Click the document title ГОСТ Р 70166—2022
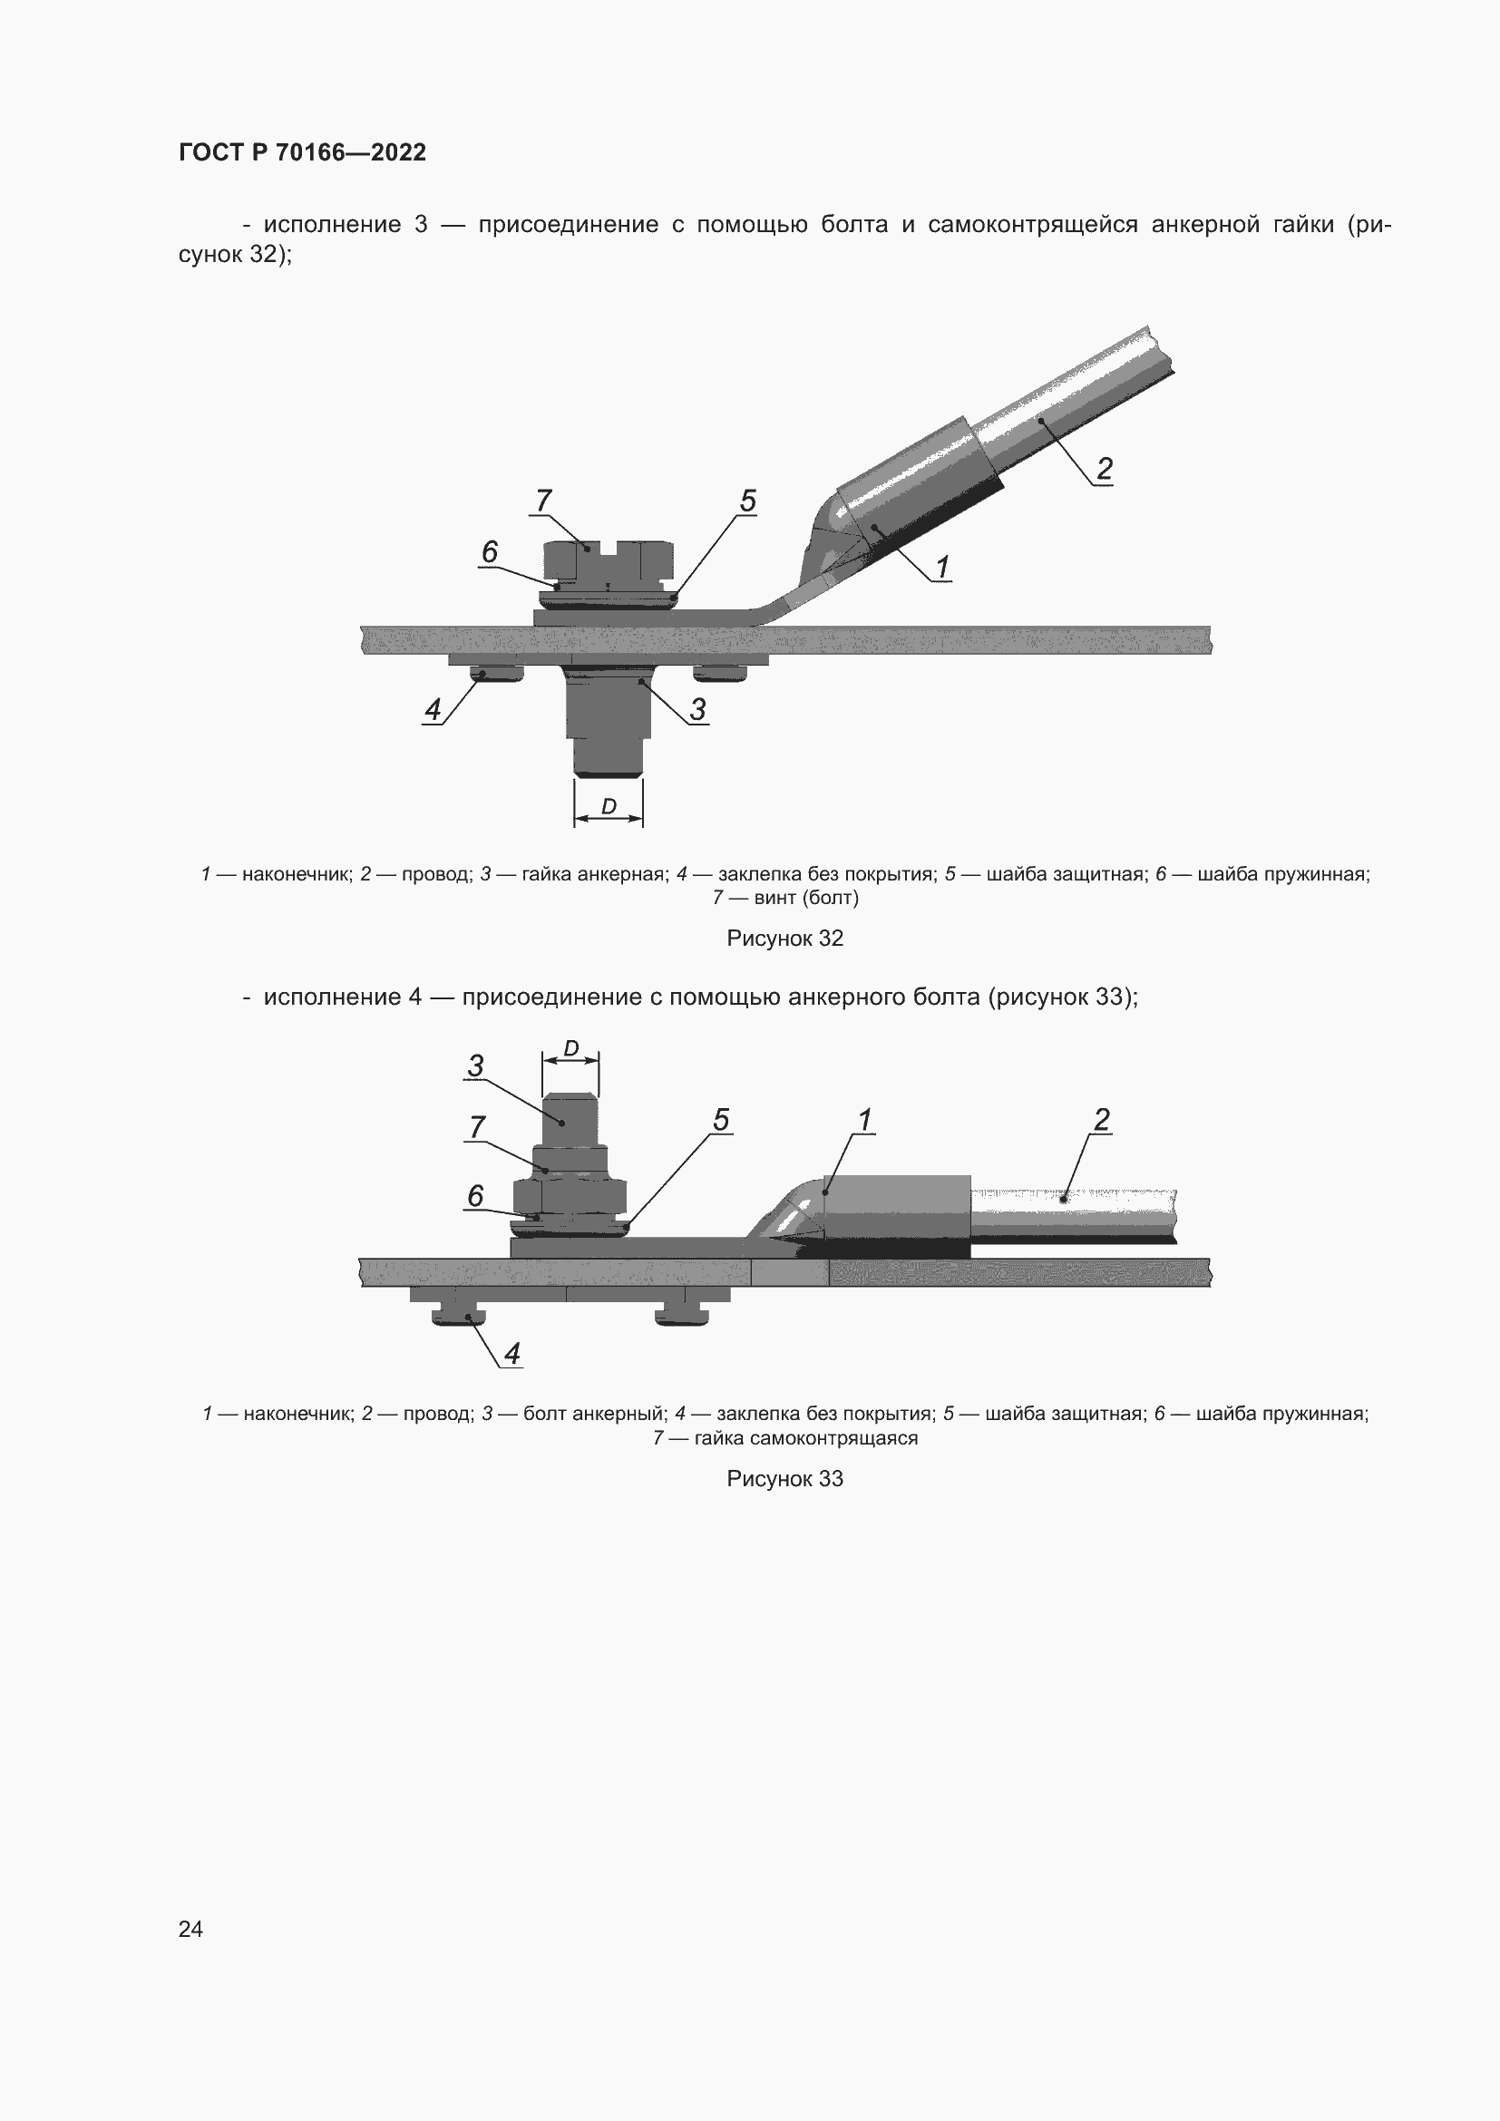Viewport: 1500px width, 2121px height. [302, 152]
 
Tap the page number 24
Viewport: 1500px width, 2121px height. [190, 1929]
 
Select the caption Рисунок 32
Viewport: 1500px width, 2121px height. [784, 939]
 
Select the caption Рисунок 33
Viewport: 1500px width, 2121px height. [784, 1479]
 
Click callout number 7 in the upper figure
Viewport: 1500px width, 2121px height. [543, 501]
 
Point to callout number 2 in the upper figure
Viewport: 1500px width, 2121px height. [1104, 470]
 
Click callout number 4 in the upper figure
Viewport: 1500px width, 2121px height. [433, 709]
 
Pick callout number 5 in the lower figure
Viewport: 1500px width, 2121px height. [720, 1120]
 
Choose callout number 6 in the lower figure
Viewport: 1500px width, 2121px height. [474, 1196]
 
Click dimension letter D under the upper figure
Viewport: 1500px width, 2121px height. [609, 806]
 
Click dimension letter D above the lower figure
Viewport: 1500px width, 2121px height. [570, 1048]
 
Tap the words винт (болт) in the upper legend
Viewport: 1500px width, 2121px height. [805, 898]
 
